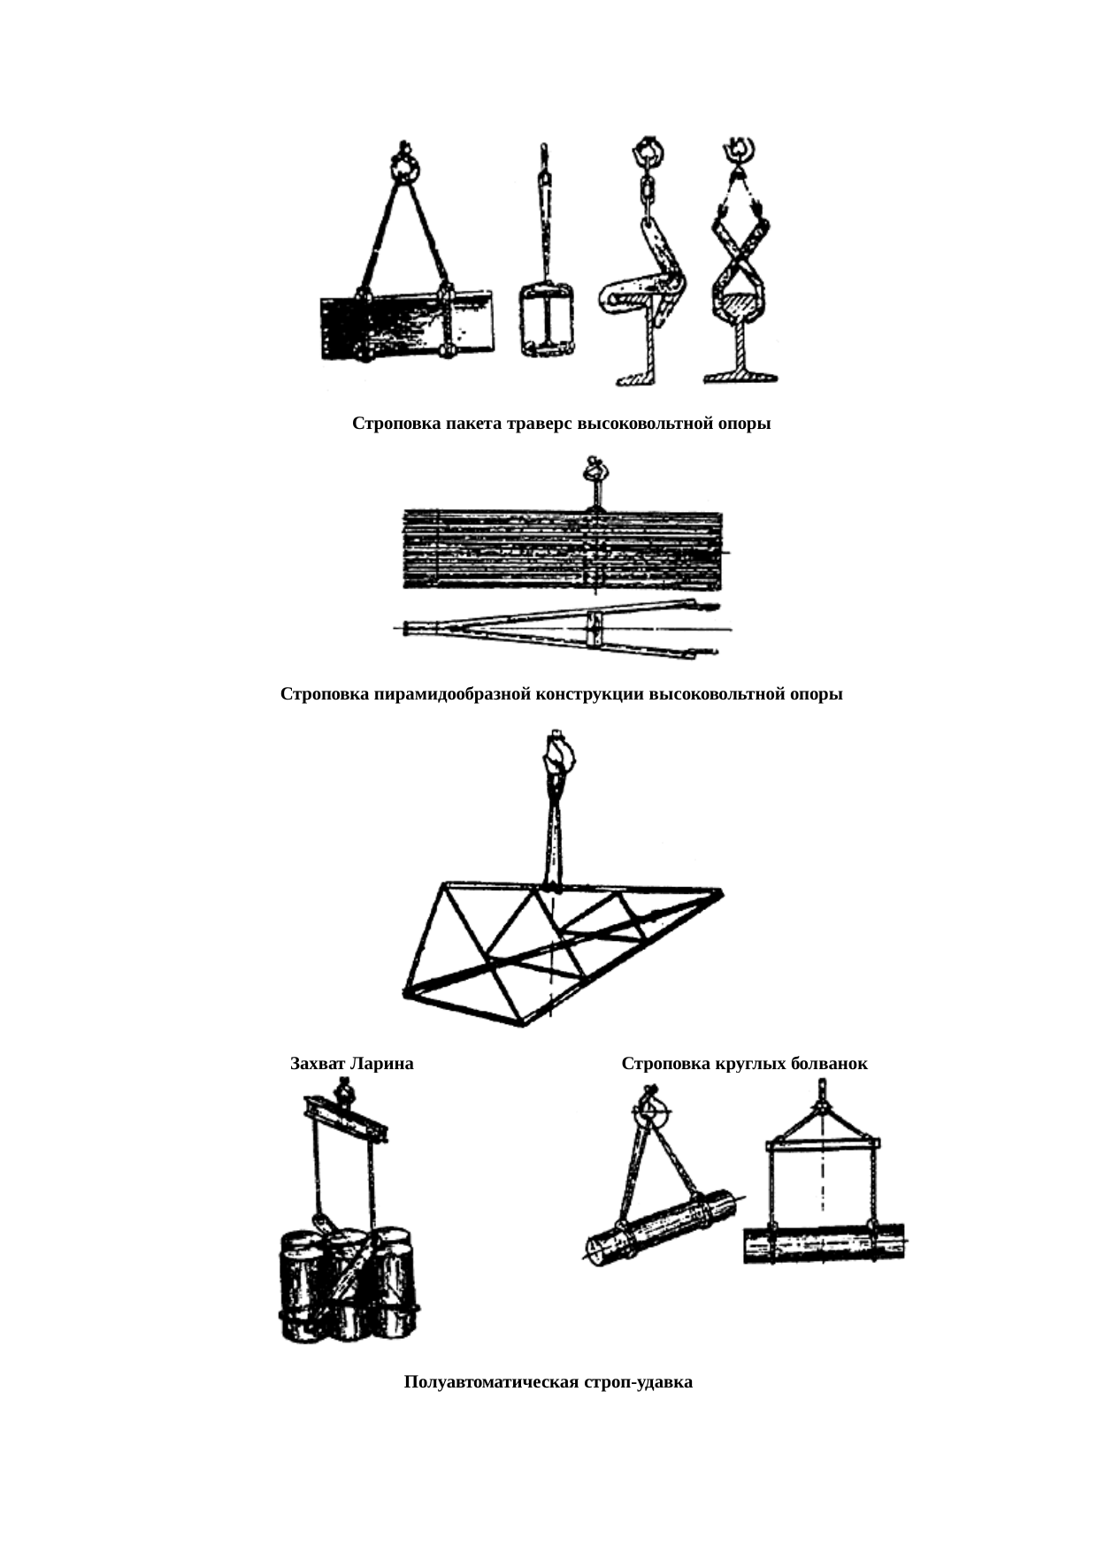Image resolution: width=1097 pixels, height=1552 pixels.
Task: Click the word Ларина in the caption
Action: (x=382, y=1063)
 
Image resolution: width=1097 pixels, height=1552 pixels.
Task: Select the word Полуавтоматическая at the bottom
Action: (x=492, y=1381)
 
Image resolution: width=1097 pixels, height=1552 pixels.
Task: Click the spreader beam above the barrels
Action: (x=345, y=1119)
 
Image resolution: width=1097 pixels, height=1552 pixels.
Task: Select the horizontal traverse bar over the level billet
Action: (x=823, y=1144)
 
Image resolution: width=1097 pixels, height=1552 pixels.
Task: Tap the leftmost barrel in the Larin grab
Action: (x=302, y=1287)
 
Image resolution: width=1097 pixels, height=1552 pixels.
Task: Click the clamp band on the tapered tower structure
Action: (x=595, y=629)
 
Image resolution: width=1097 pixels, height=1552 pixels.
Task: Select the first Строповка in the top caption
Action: (x=396, y=424)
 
